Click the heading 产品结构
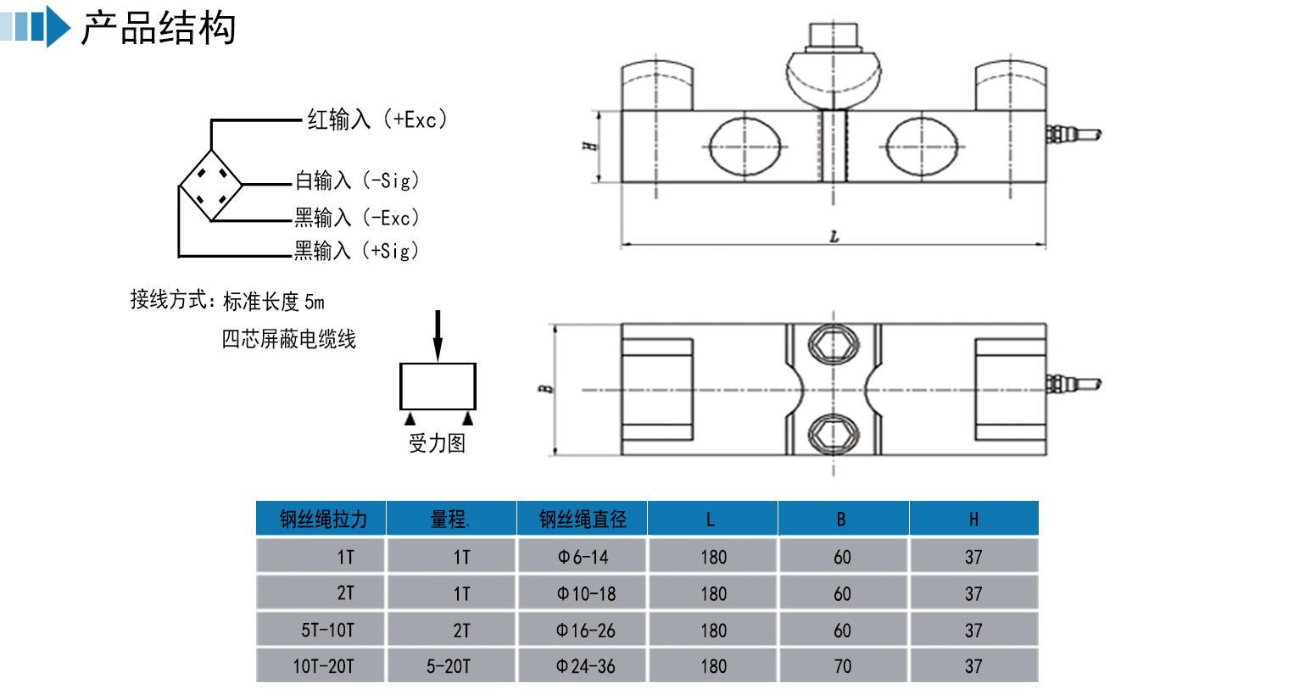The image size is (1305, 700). click(x=159, y=28)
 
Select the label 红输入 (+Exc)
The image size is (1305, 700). click(x=376, y=119)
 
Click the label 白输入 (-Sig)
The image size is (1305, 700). click(x=357, y=181)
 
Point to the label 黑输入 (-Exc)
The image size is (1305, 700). click(x=357, y=218)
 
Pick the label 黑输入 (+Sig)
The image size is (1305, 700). click(x=357, y=251)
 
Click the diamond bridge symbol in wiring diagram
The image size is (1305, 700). click(x=211, y=185)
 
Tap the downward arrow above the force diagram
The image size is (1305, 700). click(x=438, y=336)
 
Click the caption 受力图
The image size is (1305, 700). click(x=437, y=443)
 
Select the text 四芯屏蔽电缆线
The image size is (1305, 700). click(x=288, y=339)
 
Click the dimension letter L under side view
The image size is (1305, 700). click(x=834, y=236)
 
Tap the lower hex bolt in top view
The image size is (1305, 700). click(x=833, y=434)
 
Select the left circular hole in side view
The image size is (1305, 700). click(x=745, y=147)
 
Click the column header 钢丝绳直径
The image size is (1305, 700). click(x=583, y=519)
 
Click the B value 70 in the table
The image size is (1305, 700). click(x=842, y=666)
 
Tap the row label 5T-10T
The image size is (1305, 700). click(x=327, y=630)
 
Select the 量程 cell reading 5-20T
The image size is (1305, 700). click(x=449, y=666)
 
